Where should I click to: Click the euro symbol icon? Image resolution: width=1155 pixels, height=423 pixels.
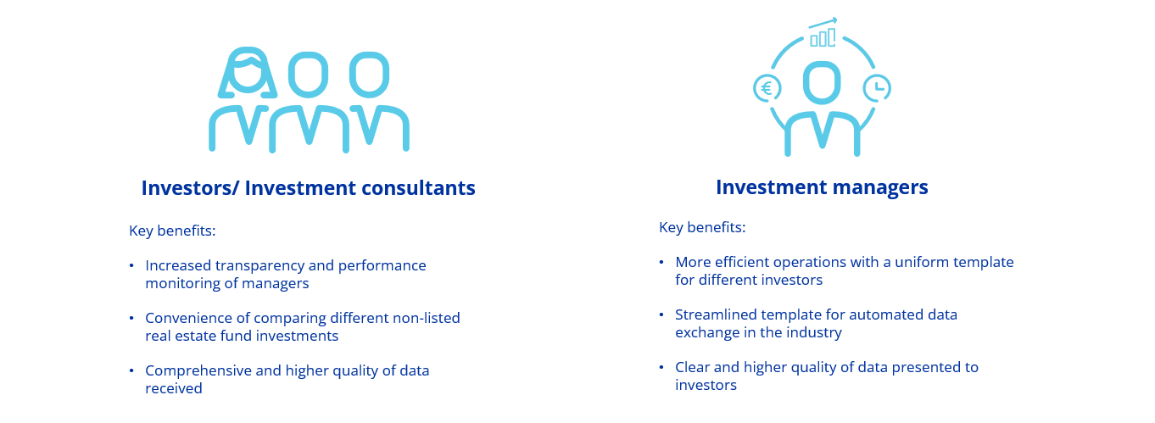coord(767,89)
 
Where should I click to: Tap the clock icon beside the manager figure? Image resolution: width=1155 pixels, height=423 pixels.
coord(877,89)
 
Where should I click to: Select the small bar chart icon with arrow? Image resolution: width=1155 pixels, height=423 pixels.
coord(823,32)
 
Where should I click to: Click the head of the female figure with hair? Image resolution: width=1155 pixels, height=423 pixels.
coord(248,73)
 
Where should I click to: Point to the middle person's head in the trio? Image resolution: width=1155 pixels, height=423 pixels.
coord(309,75)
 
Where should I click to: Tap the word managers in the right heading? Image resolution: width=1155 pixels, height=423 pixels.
coord(880,187)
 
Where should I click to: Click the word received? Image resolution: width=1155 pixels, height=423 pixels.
coord(174,388)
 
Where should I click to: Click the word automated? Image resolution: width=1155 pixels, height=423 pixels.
coord(885,314)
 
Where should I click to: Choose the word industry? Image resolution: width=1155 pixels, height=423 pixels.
coord(817,333)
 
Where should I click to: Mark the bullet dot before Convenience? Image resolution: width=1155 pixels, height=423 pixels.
coord(131,319)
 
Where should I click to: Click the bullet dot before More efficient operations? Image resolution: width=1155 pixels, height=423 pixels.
coord(661,263)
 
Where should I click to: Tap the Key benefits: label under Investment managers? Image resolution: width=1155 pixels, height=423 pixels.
coord(702,227)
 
